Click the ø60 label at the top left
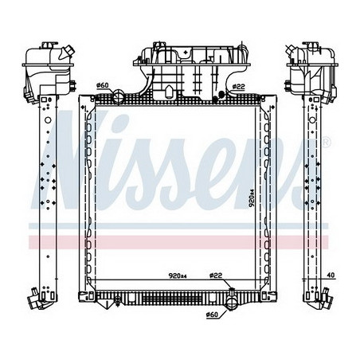[x=103, y=85]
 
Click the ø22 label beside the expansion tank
[x=238, y=87]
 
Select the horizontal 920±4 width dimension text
[x=178, y=276]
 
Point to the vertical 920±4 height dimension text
[x=252, y=198]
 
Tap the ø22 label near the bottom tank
[x=215, y=276]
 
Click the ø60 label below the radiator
[x=212, y=315]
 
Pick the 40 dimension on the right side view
[x=331, y=276]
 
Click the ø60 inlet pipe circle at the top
[x=119, y=96]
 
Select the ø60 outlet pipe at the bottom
[x=231, y=303]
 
